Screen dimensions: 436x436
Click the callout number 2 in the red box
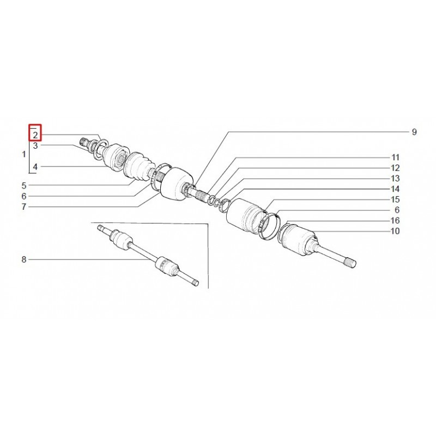[35, 135]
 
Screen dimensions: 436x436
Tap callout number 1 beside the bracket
[24, 154]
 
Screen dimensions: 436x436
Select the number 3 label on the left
[35, 146]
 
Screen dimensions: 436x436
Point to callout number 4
[35, 167]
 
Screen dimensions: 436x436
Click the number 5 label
[24, 185]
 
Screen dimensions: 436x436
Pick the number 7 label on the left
[24, 207]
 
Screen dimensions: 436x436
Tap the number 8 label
[24, 259]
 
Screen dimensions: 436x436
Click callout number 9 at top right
[414, 132]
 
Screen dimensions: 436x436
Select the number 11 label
[396, 158]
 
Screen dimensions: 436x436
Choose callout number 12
[396, 168]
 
